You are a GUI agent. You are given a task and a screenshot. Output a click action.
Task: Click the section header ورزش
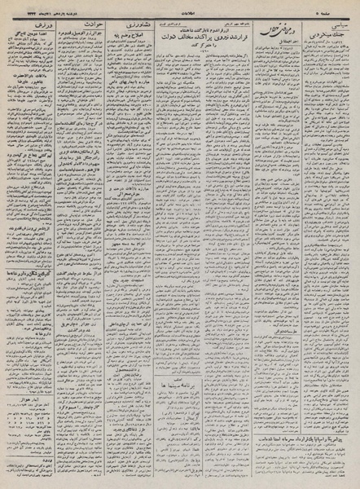pos(25,26)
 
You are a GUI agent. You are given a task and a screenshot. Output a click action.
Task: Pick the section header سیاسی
pos(334,26)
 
